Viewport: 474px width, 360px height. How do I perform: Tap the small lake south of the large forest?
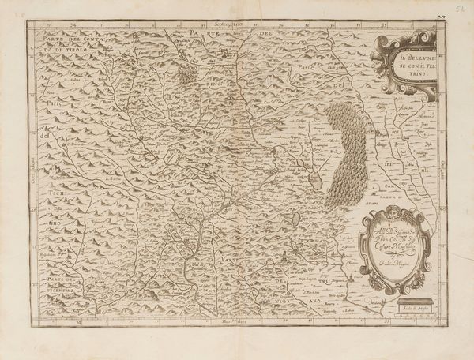tap(297, 217)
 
